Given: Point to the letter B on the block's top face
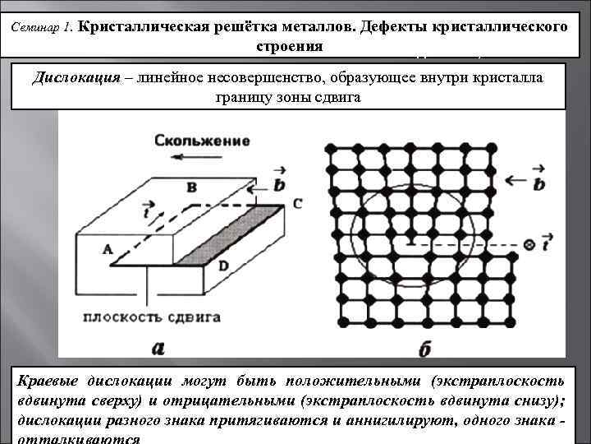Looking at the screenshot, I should point(191,187).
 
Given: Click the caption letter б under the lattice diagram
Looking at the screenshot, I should point(424,349).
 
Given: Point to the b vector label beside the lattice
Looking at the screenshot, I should point(538,183).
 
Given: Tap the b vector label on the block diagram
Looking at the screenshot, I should point(279,184).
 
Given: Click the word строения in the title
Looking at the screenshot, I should point(288,46).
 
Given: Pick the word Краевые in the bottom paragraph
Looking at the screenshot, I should point(48,382).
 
